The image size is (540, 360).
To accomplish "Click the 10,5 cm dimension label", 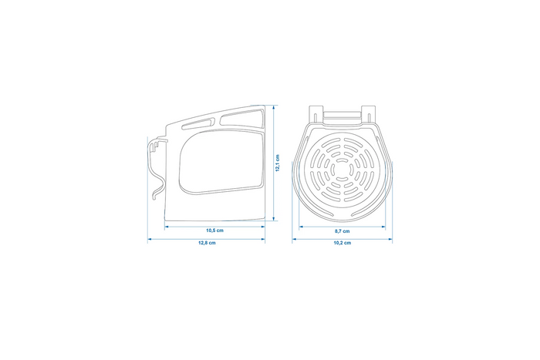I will pos(214,230).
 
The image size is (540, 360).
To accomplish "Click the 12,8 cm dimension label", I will pos(207,243).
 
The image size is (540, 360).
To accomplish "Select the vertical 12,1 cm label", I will pos(278,164).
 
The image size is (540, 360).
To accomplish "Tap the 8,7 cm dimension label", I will pos(342,231).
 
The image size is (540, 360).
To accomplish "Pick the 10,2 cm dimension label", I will pos(342,243).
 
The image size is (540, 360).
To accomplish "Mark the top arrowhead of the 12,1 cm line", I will pos(272,108).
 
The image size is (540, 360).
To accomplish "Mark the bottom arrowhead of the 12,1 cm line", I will pos(272,220).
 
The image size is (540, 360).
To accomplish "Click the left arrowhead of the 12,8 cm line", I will pos(150,238).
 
